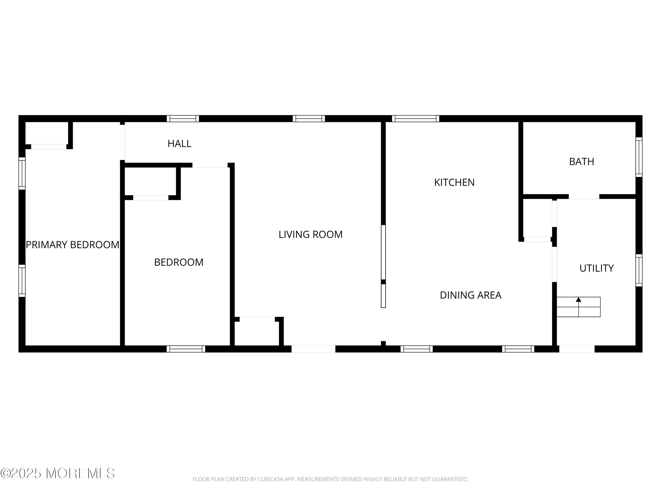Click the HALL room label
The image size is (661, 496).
[x=179, y=144]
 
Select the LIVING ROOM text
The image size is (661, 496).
[x=310, y=234]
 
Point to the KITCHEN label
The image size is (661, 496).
[x=454, y=182]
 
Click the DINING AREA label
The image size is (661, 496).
[x=471, y=295]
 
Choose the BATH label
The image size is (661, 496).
[x=581, y=161]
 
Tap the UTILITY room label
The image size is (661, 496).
[x=596, y=268]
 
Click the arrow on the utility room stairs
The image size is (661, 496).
[x=579, y=299]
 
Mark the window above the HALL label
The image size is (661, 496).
[x=183, y=118]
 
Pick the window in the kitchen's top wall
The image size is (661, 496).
[x=416, y=118]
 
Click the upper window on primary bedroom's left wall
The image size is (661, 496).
[x=22, y=173]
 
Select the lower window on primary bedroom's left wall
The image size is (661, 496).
[x=22, y=281]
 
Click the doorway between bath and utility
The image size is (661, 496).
[x=584, y=196]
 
